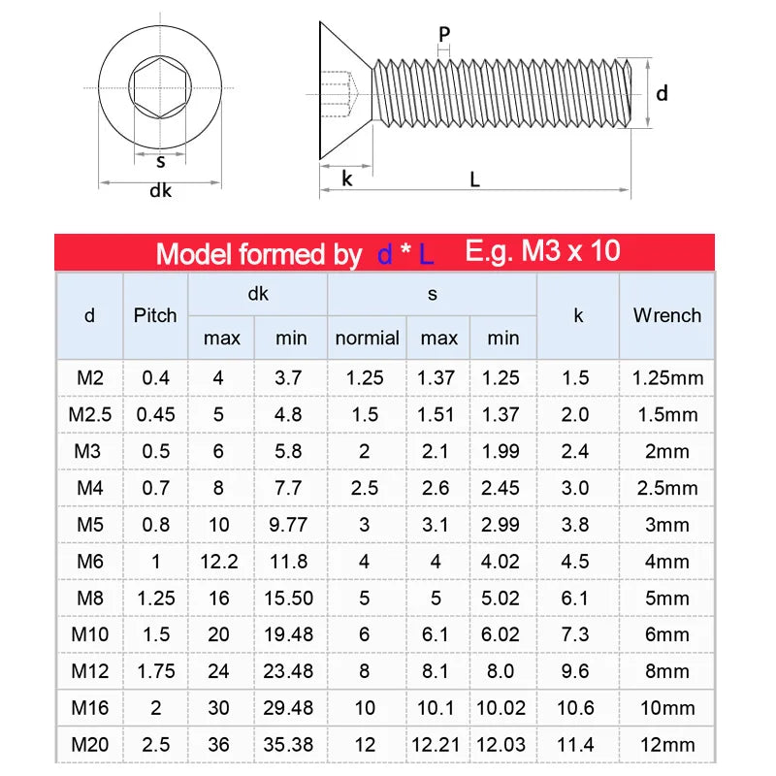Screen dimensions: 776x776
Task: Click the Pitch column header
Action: tap(155, 315)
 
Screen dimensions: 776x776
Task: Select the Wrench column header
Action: tap(666, 315)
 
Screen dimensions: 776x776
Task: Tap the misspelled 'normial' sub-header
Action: tap(367, 339)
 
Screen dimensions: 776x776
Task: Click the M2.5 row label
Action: tap(90, 414)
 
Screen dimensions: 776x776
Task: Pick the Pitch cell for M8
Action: tap(155, 598)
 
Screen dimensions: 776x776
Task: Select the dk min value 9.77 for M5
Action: tap(288, 525)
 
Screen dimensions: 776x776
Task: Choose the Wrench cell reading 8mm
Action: tap(666, 671)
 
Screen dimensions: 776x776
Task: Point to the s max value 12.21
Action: tap(437, 745)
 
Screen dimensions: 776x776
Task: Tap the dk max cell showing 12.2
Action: tap(219, 562)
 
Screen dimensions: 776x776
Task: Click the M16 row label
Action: tap(90, 708)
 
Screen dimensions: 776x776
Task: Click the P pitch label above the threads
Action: tap(444, 35)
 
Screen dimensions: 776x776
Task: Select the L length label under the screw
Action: tap(474, 178)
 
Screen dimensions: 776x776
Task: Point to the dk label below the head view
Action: tap(160, 191)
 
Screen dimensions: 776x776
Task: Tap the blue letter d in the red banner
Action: tap(384, 254)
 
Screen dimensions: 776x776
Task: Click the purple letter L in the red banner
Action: tap(427, 254)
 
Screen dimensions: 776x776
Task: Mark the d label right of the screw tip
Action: tap(662, 93)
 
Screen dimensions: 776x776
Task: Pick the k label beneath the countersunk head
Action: tap(346, 178)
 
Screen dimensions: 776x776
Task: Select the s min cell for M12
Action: tap(502, 671)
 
